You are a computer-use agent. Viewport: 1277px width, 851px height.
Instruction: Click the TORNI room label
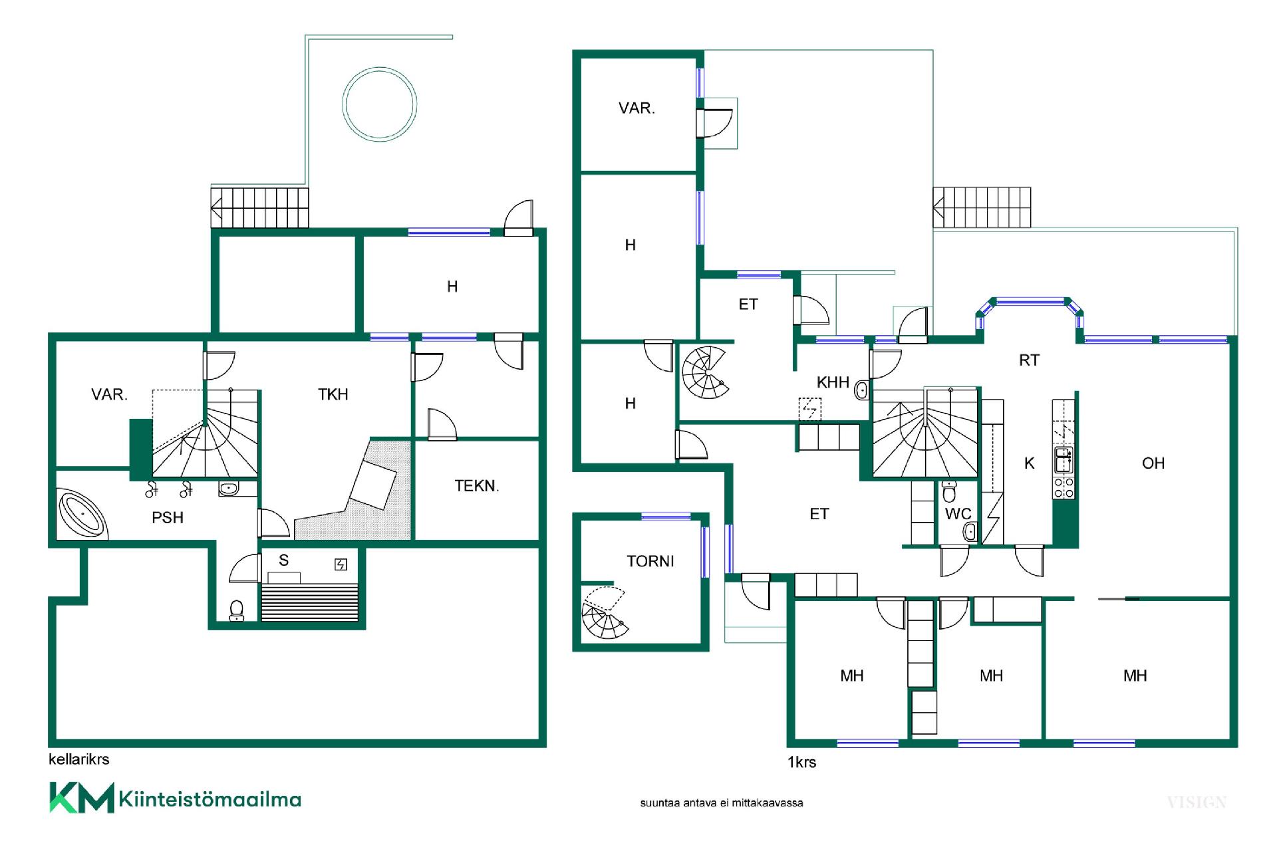coord(650,561)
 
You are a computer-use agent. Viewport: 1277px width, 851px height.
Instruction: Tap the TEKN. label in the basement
coord(477,486)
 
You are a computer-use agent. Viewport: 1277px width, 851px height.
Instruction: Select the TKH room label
coord(333,394)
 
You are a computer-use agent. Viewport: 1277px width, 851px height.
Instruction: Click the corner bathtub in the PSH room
coord(82,514)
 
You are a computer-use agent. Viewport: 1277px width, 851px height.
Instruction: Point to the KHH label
coord(833,382)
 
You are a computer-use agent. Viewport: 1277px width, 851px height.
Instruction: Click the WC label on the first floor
coord(958,514)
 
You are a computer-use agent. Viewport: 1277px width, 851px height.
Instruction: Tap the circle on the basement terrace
coord(380,104)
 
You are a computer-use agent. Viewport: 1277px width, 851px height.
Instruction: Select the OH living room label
coord(1153,463)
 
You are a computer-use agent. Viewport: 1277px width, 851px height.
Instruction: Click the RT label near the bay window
coord(1029,360)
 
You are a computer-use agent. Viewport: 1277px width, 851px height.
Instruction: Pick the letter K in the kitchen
coord(1030,463)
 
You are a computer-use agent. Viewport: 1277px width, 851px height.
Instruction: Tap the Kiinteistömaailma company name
coord(210,798)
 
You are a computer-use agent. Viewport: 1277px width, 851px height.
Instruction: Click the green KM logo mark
coord(81,798)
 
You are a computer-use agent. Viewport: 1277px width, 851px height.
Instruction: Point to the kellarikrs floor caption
coord(78,759)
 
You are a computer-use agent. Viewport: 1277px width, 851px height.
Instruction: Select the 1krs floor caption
coord(801,763)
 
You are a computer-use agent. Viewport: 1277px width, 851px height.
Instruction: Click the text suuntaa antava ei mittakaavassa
coord(722,803)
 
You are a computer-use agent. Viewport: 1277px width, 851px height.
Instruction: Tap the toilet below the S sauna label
coord(237,610)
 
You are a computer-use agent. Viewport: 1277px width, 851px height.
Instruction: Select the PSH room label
coord(168,518)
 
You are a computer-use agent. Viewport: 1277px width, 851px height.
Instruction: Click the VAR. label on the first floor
coord(637,108)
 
